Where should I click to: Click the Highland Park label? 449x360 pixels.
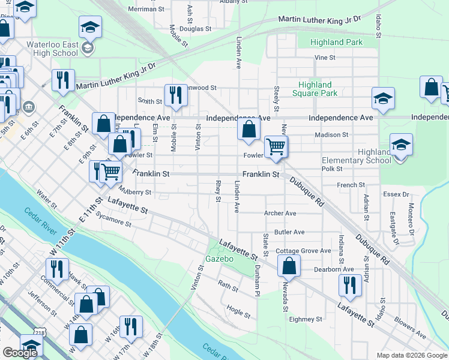click(337, 43)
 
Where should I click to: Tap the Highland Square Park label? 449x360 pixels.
click(315, 89)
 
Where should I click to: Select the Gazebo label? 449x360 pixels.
click(218, 259)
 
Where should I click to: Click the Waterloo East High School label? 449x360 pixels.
click(52, 49)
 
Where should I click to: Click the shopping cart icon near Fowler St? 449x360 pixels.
click(276, 146)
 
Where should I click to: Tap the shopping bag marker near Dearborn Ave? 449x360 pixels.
click(289, 266)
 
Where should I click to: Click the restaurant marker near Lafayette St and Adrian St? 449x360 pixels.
click(350, 285)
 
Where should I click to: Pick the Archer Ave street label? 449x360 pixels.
click(280, 213)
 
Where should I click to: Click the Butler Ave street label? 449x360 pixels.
click(289, 232)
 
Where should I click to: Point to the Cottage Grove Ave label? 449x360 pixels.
click(303, 251)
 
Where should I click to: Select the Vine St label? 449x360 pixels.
click(324, 58)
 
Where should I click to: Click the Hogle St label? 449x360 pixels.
click(238, 311)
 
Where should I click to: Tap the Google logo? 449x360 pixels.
click(20, 353)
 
